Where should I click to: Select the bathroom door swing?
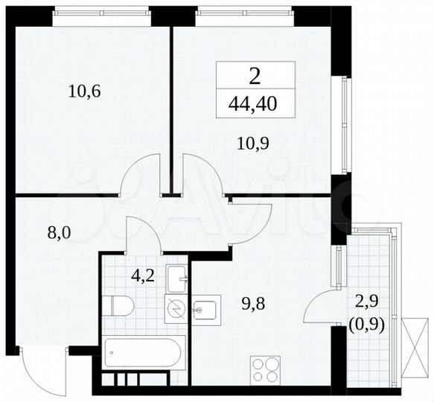142,232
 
